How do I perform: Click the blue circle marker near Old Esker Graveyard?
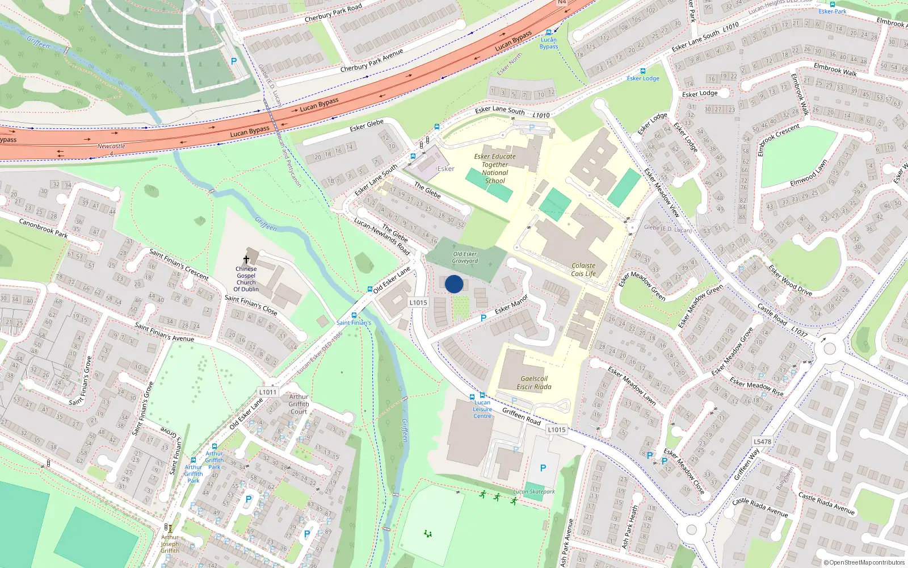tap(454, 284)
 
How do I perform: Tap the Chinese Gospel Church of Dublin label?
tap(246, 279)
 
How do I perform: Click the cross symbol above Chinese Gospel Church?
tap(246, 260)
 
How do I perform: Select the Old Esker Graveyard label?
tap(465, 258)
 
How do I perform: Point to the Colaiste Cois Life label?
tap(583, 269)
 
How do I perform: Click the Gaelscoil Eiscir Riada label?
tap(533, 383)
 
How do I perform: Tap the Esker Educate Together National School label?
tap(495, 169)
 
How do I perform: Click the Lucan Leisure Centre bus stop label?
tap(482, 409)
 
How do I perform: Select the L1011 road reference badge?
tap(268, 392)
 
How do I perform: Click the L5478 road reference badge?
tap(762, 441)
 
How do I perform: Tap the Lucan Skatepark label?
tap(534, 492)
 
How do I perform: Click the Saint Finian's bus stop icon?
tap(354, 315)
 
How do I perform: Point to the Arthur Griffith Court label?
tap(299, 404)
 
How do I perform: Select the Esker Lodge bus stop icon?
tap(643, 71)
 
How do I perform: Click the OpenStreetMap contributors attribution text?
tap(864, 562)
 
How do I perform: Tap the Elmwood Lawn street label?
tap(809, 173)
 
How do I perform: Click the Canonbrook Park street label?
tap(43, 228)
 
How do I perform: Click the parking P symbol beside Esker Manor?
tap(484, 318)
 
